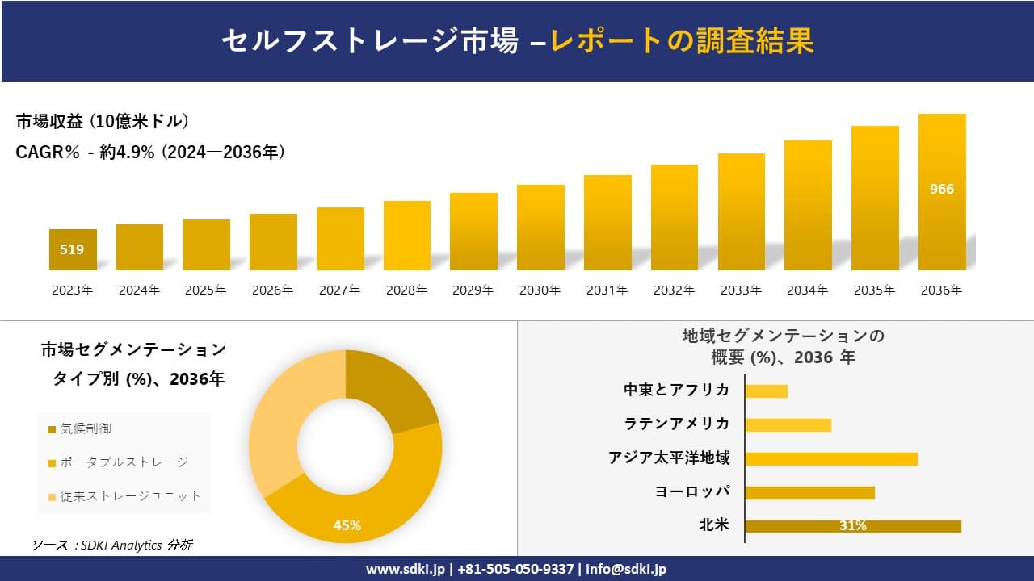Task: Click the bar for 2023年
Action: click(73, 250)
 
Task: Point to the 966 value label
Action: click(942, 189)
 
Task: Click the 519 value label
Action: click(72, 249)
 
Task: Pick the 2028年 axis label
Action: click(406, 290)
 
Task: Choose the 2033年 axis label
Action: click(741, 290)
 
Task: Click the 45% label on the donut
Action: click(347, 525)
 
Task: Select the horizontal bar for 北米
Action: click(853, 526)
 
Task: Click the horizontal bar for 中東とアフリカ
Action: click(766, 391)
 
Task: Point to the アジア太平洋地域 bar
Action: click(831, 458)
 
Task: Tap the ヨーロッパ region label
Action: click(692, 491)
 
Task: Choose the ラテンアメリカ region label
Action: click(677, 424)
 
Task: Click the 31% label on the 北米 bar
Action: click(853, 526)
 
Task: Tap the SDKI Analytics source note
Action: click(112, 545)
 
